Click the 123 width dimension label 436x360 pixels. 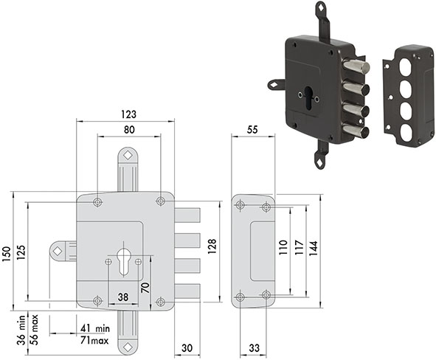(x=129, y=114)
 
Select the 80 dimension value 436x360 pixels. (x=129, y=130)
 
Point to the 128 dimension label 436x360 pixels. (x=212, y=246)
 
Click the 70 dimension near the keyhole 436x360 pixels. (x=145, y=287)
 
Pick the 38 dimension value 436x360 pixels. (x=123, y=297)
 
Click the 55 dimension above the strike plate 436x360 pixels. (x=252, y=130)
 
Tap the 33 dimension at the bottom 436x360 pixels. (x=254, y=347)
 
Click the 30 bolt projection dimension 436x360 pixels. (x=187, y=347)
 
